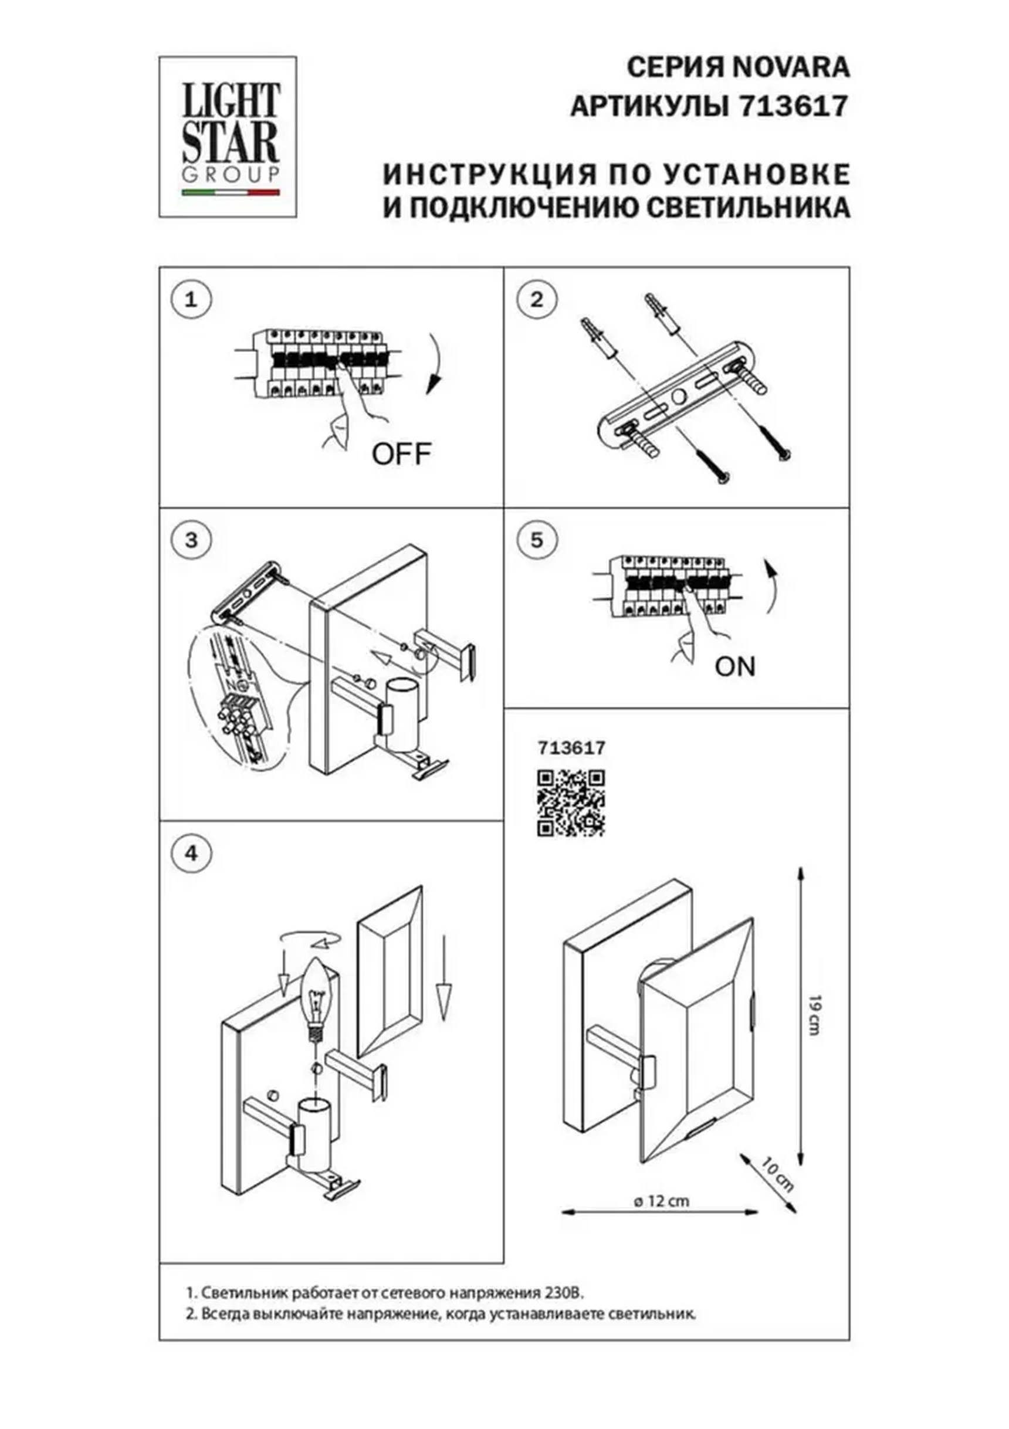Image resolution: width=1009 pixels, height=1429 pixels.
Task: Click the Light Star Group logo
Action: (228, 137)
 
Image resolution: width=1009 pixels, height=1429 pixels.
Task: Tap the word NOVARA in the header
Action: (790, 67)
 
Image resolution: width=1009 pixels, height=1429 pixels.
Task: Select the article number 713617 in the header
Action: (793, 106)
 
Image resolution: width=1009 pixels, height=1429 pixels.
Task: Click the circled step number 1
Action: (191, 300)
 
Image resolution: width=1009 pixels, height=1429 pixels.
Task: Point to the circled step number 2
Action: (537, 300)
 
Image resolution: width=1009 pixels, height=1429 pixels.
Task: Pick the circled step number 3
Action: (191, 540)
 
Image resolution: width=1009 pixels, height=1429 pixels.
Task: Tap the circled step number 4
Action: (191, 853)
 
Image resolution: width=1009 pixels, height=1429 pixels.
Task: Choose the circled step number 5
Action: (537, 540)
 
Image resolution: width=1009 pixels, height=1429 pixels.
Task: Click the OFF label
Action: (401, 455)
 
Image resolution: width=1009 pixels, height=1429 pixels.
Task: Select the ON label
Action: (735, 666)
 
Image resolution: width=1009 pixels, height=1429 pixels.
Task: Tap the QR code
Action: (571, 803)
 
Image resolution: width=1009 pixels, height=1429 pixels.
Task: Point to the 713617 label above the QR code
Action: (571, 747)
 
